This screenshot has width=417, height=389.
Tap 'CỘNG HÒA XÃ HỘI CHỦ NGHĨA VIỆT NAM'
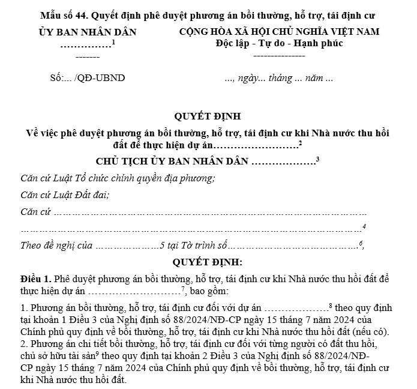point(280,31)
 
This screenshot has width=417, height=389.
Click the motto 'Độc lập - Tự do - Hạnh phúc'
point(279,43)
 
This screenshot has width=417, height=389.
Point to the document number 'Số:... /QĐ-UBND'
point(88,78)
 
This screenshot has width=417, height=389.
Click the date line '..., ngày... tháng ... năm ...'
point(278,78)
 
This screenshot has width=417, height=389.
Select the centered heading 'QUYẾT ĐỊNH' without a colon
point(208,116)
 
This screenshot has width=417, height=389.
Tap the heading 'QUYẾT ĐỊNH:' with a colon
point(208,262)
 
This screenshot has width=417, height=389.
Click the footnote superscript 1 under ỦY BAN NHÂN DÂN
point(113,41)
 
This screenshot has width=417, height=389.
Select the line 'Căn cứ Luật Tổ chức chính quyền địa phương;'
point(118,178)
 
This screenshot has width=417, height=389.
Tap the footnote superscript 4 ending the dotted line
point(364,226)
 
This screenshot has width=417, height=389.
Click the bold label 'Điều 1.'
point(36,279)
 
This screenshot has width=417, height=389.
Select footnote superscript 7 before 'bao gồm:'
point(182,289)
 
